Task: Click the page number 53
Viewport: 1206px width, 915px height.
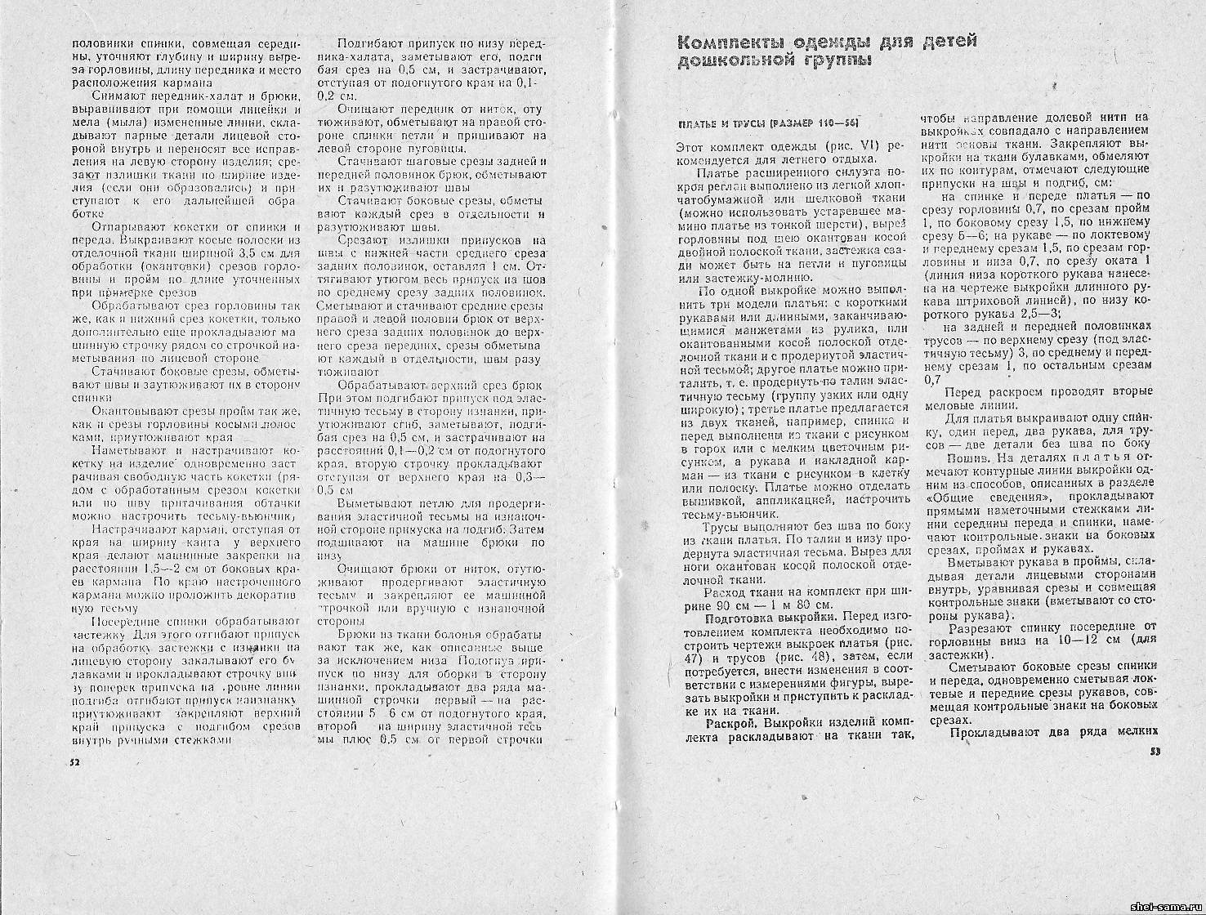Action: pyautogui.click(x=1154, y=752)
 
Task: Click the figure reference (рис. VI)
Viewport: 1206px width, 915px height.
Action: pyautogui.click(x=853, y=146)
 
